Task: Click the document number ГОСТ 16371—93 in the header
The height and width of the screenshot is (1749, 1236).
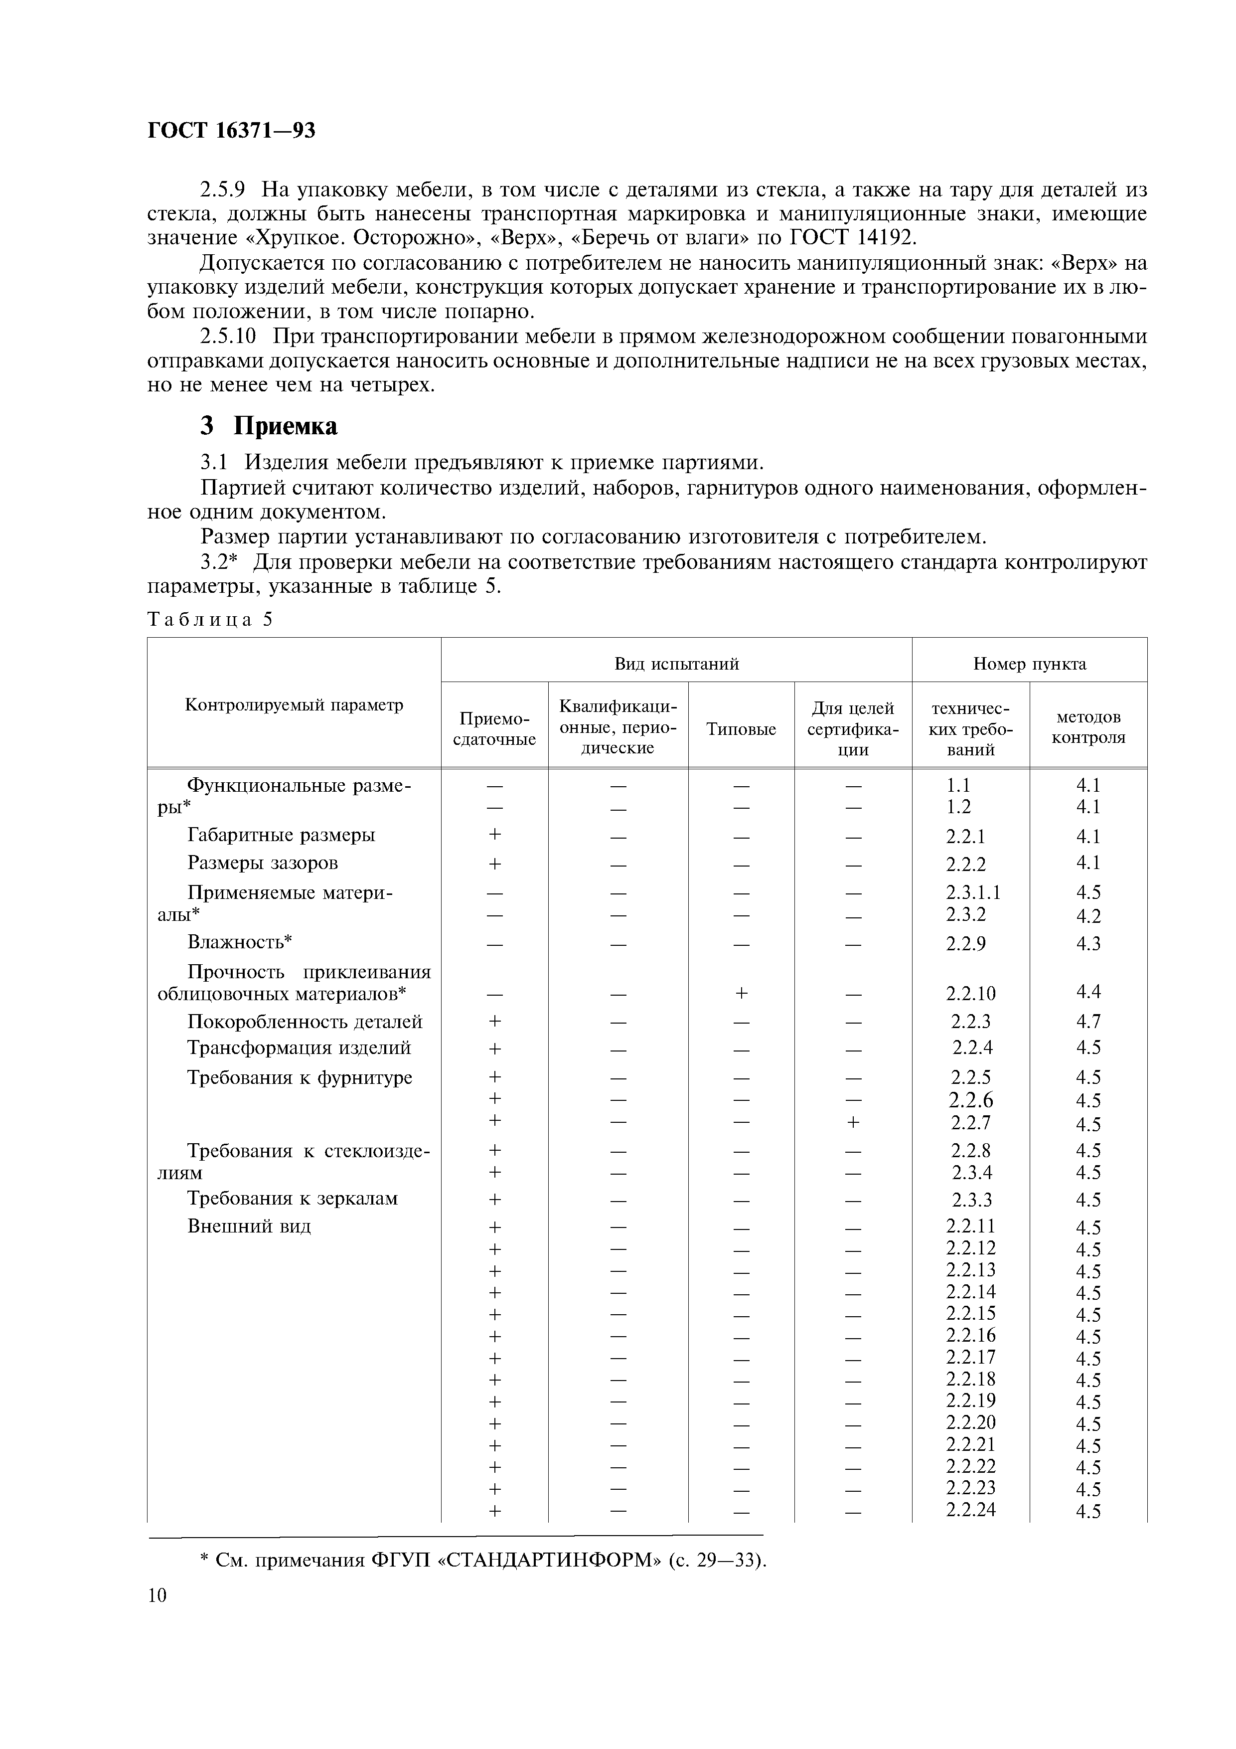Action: [x=231, y=131]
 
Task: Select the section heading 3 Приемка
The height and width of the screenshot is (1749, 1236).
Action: [x=268, y=426]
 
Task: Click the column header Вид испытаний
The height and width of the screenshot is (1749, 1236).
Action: [x=676, y=664]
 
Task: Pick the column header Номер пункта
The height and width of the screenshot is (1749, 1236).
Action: [x=1030, y=664]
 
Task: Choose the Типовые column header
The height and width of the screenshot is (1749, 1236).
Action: [x=741, y=729]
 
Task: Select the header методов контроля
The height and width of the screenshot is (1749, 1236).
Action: [x=1088, y=727]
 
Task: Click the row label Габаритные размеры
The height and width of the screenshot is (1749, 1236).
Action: [x=281, y=835]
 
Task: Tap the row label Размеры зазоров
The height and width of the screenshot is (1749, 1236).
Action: [x=263, y=863]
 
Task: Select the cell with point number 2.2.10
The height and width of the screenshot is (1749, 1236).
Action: [x=971, y=993]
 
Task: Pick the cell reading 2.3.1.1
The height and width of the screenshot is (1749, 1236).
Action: [x=973, y=892]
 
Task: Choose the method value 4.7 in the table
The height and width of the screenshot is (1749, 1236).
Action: [x=1088, y=1022]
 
